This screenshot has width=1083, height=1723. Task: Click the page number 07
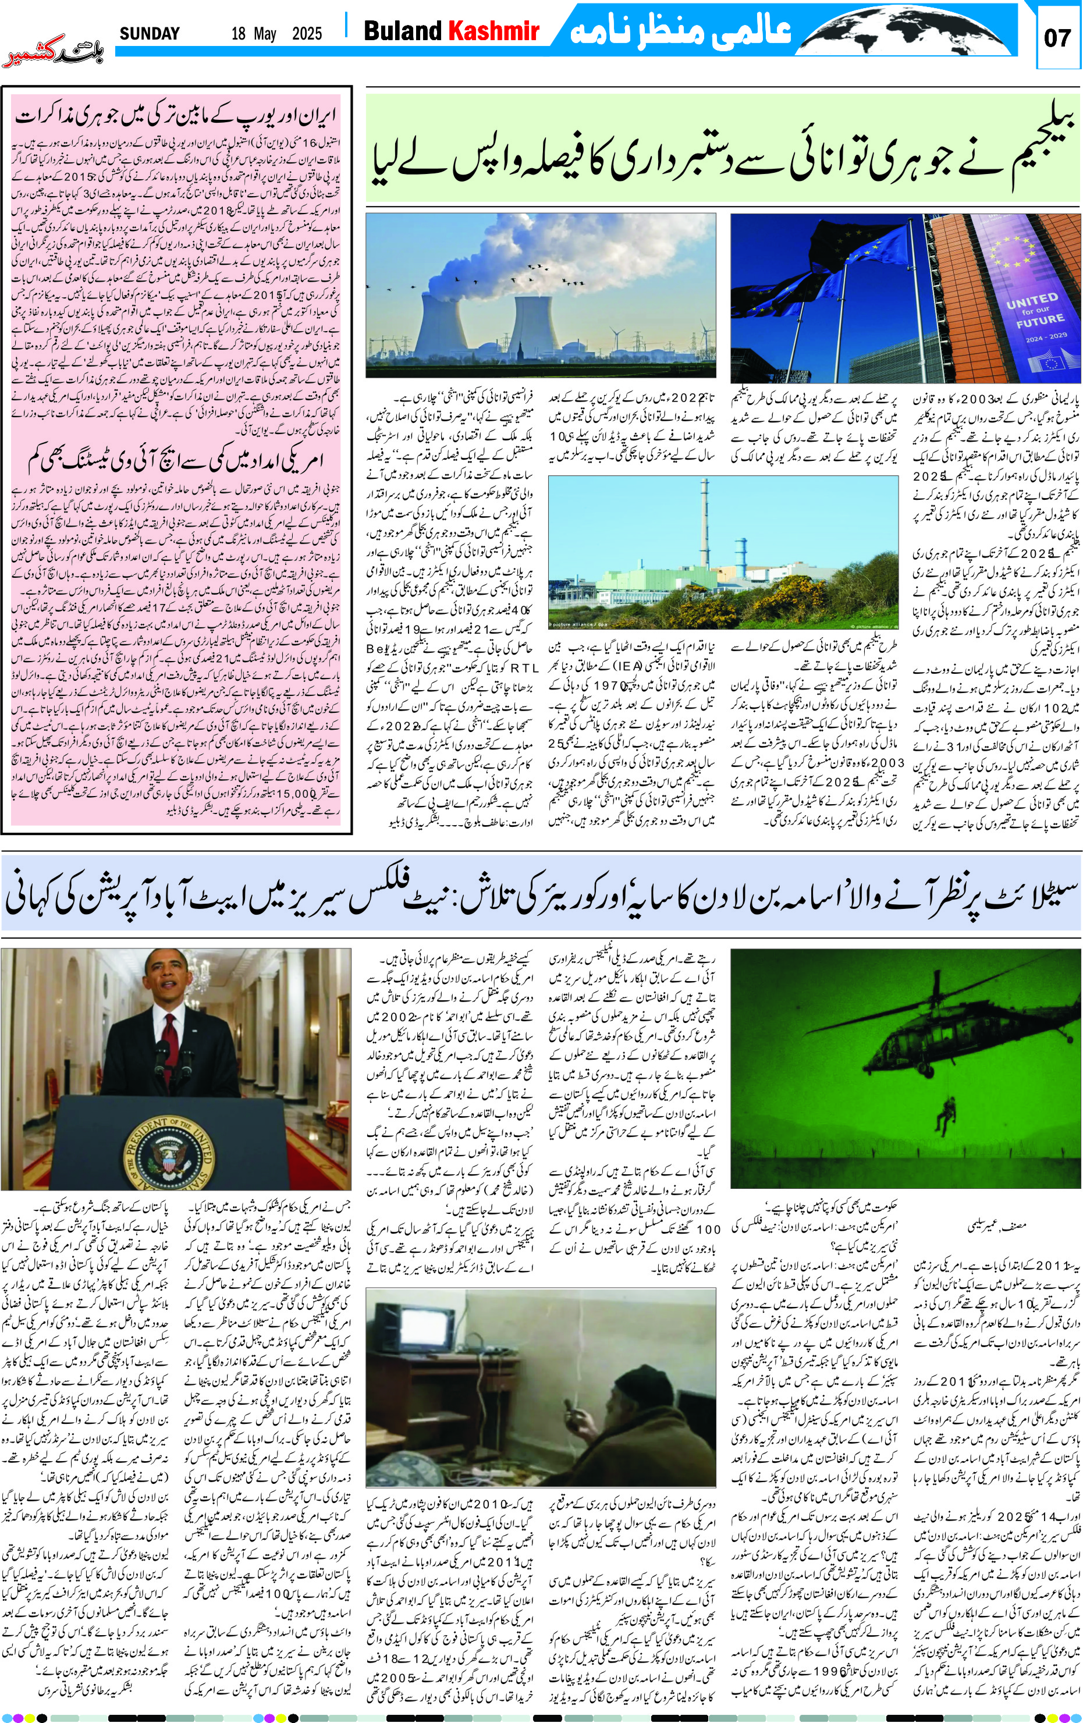pyautogui.click(x=1056, y=37)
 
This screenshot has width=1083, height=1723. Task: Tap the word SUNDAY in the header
pyautogui.click(x=150, y=34)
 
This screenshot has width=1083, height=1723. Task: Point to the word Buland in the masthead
pyautogui.click(x=403, y=31)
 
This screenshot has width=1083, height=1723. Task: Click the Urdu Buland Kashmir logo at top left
pyautogui.click(x=53, y=56)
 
